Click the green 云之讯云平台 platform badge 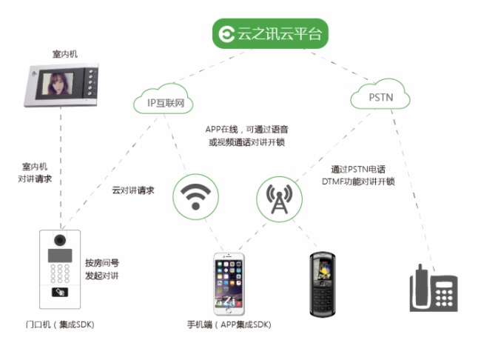click(269, 33)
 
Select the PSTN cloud click(379, 97)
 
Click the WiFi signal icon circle click(195, 196)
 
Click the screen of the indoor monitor click(58, 84)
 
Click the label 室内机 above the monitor click(64, 54)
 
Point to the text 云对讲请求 click(133, 190)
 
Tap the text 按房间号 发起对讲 click(101, 269)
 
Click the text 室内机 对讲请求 click(35, 173)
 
